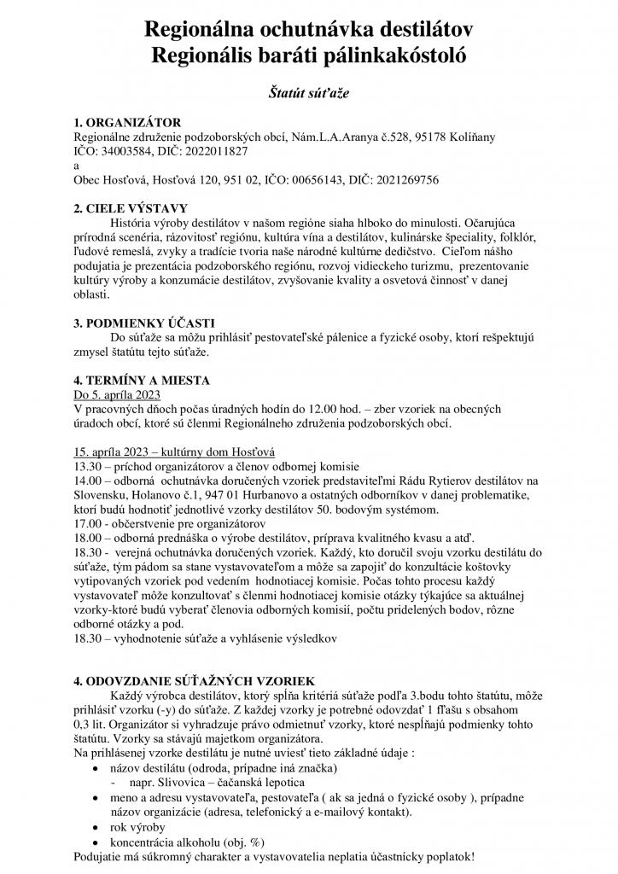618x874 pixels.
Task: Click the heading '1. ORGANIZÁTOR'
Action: tap(127, 123)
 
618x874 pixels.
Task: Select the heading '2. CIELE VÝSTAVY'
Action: tap(130, 208)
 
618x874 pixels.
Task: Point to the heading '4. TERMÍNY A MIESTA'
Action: tap(142, 380)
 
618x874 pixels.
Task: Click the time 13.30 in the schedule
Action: tap(90, 466)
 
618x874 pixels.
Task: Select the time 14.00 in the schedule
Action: tap(90, 481)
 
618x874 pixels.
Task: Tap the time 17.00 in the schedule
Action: tap(90, 523)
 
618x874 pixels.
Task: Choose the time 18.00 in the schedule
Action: tap(90, 538)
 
